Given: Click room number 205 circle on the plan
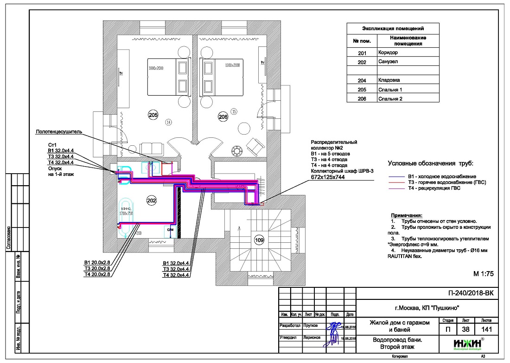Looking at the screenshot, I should [x=153, y=114].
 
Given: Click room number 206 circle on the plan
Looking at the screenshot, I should [x=223, y=117].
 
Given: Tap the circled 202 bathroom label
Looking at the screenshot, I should [x=152, y=201].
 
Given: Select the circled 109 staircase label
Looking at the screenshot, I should [x=259, y=240].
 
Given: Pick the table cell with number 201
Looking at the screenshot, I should [x=362, y=53].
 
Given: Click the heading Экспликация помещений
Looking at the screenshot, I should [x=392, y=29].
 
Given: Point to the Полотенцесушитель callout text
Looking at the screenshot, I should [x=59, y=132].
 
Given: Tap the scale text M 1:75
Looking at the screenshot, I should [x=484, y=273].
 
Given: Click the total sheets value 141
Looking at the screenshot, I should [x=486, y=329].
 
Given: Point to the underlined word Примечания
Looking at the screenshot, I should [x=407, y=216].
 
